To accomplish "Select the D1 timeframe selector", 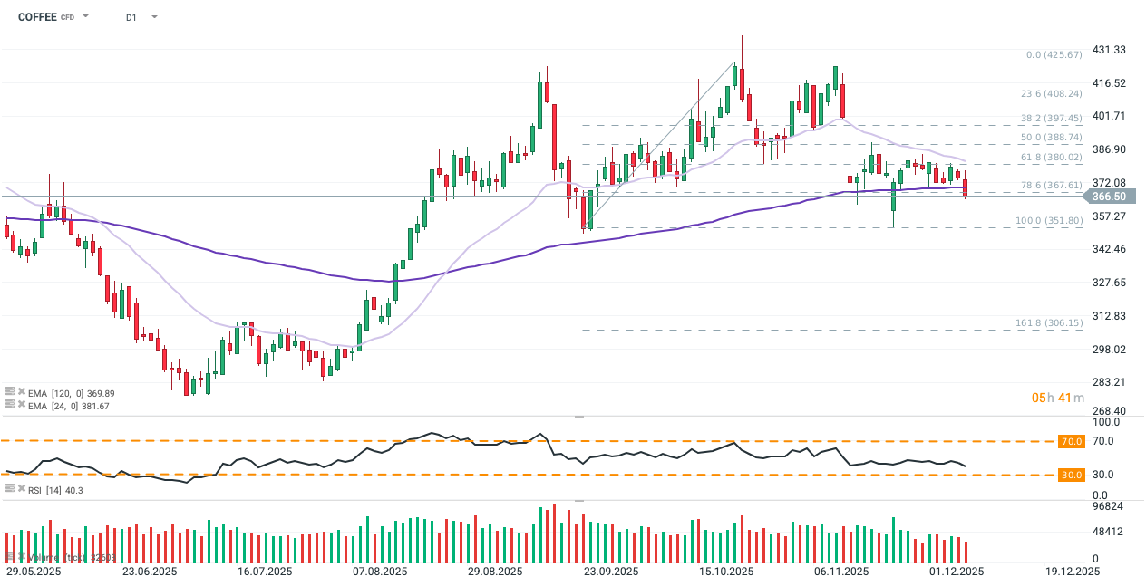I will click(x=131, y=17).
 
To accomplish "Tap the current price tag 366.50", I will click(x=1108, y=197).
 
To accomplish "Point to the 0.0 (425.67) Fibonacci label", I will click(x=1054, y=55).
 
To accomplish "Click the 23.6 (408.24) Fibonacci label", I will click(x=1051, y=93).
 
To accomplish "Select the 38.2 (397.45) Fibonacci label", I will click(x=1051, y=119).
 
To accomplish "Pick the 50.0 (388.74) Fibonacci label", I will click(x=1051, y=138).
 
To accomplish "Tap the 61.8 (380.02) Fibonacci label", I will click(x=1051, y=158).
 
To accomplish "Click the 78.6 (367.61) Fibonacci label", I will click(x=1051, y=186).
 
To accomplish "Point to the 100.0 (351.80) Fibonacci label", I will click(x=1049, y=221).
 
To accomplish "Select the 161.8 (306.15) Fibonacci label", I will click(x=1049, y=323).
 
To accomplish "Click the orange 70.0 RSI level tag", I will click(x=1071, y=442).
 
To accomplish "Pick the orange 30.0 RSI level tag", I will click(x=1071, y=475).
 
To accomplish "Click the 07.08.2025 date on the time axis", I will click(x=379, y=572).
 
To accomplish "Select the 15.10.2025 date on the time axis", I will click(x=726, y=572).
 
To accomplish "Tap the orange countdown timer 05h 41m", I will click(x=1058, y=398).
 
